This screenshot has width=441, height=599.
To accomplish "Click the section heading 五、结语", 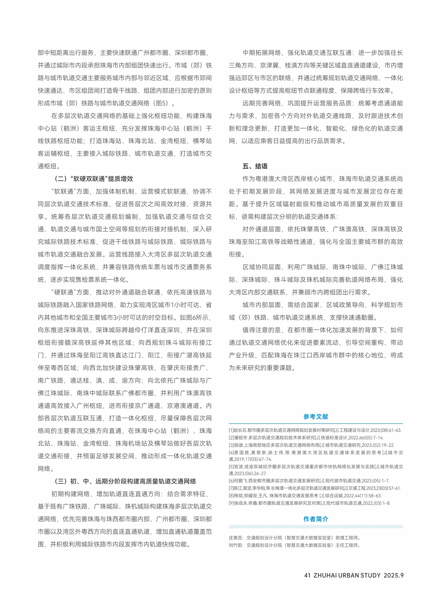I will [x=255, y=166].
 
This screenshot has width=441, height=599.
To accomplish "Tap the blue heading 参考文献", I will [x=316, y=417].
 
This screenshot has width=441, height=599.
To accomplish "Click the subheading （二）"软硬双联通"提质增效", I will [x=94, y=179].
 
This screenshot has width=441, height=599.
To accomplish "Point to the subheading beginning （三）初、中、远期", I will [x=125, y=481].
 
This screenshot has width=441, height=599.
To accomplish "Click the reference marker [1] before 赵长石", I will [x=231, y=430].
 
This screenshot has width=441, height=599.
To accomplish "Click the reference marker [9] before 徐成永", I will [x=231, y=503].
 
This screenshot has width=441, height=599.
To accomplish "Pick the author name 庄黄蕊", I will [x=235, y=538].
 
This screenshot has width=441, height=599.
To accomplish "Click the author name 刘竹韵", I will [x=235, y=545].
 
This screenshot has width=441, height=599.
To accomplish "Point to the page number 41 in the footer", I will [x=308, y=575].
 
